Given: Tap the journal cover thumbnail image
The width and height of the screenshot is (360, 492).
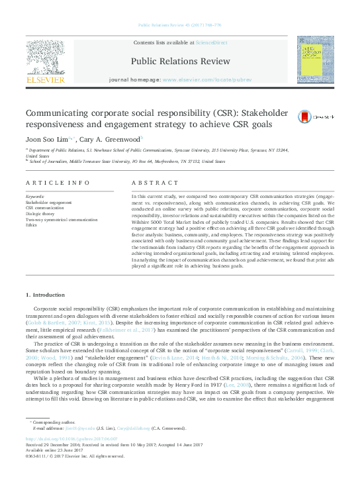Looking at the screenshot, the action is (x=315, y=59).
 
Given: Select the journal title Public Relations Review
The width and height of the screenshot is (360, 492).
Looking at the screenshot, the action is (x=180, y=61).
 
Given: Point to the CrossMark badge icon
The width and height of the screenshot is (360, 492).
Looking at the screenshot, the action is (x=305, y=116).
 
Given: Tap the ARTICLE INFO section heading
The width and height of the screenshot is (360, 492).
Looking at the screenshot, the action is (x=57, y=182).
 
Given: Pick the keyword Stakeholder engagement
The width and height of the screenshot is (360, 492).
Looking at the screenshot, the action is (x=48, y=202).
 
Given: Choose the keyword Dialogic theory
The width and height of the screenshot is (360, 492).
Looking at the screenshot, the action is (x=40, y=213).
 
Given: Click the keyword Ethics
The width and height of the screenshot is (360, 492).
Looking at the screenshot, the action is (x=31, y=224).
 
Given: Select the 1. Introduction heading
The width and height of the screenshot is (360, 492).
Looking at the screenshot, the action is (x=45, y=294).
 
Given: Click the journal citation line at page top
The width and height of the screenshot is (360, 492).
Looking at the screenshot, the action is (x=179, y=25).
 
